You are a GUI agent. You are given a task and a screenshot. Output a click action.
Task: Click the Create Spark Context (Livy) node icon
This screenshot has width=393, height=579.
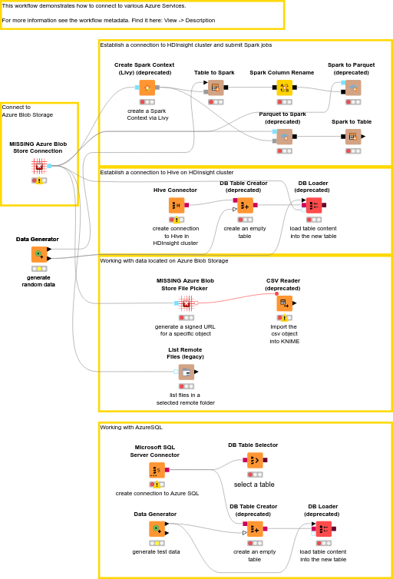pos(147,88)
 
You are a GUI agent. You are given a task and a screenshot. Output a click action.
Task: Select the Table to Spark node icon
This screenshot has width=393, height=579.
pos(216,88)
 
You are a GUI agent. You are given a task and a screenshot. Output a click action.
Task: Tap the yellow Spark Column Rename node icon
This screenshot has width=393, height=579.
pos(285,88)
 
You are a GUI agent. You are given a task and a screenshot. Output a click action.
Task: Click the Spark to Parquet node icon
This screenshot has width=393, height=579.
pos(353,88)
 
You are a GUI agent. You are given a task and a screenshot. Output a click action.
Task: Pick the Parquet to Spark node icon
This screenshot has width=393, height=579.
pos(285,137)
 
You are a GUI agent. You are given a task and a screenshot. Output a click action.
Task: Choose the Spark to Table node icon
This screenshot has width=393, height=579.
pos(353,137)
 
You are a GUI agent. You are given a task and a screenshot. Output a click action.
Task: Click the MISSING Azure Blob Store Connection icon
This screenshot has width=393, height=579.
pos(38,166)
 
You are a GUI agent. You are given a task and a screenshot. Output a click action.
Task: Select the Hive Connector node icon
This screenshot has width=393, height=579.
pos(177,205)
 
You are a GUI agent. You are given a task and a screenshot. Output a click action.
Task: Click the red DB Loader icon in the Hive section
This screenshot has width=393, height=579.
pos(314,205)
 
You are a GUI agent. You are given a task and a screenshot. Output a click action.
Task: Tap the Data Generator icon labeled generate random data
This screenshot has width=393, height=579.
pos(39,254)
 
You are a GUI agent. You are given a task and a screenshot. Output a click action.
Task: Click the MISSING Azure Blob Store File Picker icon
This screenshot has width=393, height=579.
pos(187,303)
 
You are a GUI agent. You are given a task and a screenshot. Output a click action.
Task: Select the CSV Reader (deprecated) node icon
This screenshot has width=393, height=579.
pos(285,303)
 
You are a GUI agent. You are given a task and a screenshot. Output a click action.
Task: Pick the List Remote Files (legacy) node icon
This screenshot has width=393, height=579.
pos(187,372)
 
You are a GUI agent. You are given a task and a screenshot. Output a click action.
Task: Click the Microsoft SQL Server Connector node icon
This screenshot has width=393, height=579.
pos(157,470)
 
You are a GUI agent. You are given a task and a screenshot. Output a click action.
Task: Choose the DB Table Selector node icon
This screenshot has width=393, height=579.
pos(255,460)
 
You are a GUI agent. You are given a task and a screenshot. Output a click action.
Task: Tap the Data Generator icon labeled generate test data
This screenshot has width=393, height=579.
pos(157,529)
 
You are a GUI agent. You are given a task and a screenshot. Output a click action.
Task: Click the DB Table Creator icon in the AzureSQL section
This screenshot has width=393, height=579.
pos(255,529)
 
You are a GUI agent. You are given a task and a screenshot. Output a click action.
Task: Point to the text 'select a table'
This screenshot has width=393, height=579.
pos(254,485)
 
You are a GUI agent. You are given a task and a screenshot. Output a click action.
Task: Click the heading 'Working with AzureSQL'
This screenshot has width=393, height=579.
pos(131,427)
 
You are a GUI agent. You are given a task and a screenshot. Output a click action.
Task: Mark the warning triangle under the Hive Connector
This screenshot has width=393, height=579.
pos(177,220)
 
